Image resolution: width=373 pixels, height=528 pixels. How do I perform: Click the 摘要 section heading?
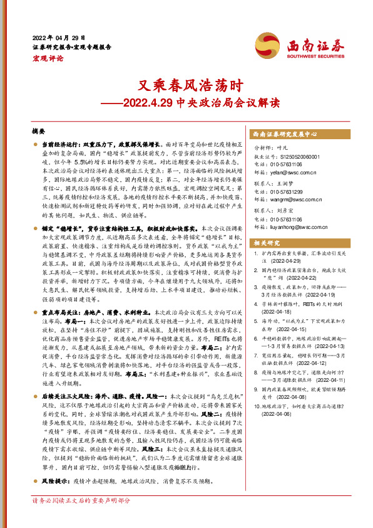click(39, 132)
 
